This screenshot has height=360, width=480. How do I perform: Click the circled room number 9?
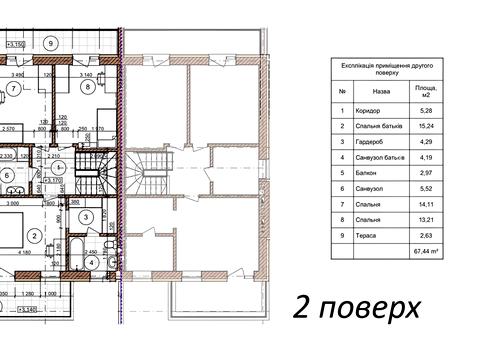point(52,43)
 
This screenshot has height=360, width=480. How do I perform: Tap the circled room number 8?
point(88,87)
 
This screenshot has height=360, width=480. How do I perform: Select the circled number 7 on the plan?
point(12,87)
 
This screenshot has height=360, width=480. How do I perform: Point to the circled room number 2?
point(35,236)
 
